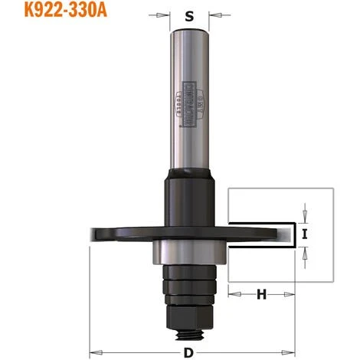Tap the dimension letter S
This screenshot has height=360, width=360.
[x=189, y=14]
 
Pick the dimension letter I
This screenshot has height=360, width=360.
[x=306, y=234]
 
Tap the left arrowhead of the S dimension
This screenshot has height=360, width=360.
[x=165, y=14]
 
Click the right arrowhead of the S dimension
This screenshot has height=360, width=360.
[x=213, y=14]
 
